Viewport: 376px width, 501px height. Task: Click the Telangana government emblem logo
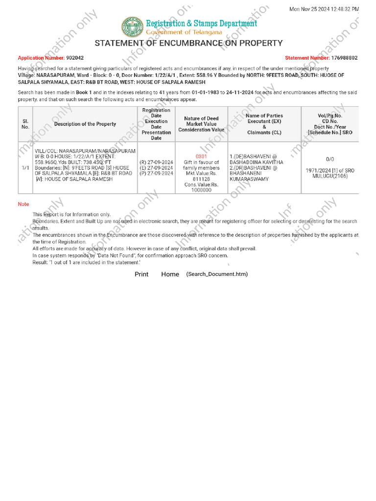click(132, 27)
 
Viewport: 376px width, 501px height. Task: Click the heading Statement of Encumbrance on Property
click(188, 43)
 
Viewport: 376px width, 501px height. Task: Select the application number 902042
click(74, 58)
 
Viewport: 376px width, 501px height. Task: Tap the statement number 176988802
click(344, 58)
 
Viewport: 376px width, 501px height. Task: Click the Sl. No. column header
click(25, 124)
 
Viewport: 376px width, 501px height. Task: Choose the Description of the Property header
click(85, 124)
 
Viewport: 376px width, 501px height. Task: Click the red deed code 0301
click(201, 157)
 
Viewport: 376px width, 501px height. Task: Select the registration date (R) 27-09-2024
click(156, 162)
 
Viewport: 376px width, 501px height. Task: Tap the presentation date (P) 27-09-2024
click(156, 173)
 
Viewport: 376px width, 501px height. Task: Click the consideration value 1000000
click(201, 190)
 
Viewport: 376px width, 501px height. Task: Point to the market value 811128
click(201, 179)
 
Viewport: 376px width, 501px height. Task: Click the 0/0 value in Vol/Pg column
click(330, 159)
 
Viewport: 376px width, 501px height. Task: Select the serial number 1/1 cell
click(25, 167)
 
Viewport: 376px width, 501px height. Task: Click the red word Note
click(23, 204)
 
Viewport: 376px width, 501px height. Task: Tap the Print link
click(141, 274)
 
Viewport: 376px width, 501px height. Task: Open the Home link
click(170, 274)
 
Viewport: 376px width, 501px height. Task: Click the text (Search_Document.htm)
click(217, 274)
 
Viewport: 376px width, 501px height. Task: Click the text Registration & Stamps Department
click(201, 23)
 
